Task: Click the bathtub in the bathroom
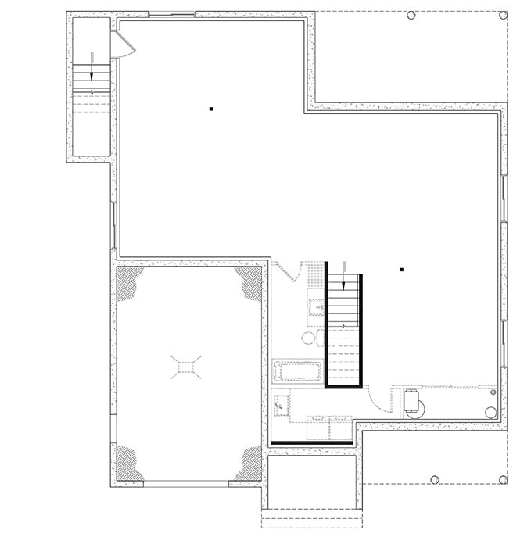pyautogui.click(x=297, y=371)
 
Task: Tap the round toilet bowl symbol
pyautogui.click(x=308, y=338)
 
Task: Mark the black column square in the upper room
pyautogui.click(x=211, y=109)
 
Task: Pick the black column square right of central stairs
pyautogui.click(x=401, y=270)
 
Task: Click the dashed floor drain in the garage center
pyautogui.click(x=185, y=367)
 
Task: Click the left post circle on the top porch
pyautogui.click(x=412, y=14)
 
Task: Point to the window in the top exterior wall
pyautogui.click(x=171, y=14)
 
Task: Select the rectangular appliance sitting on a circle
pyautogui.click(x=411, y=400)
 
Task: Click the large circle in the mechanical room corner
pyautogui.click(x=490, y=412)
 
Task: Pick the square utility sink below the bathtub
pyautogui.click(x=281, y=406)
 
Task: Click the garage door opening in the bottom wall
pyautogui.click(x=187, y=484)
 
